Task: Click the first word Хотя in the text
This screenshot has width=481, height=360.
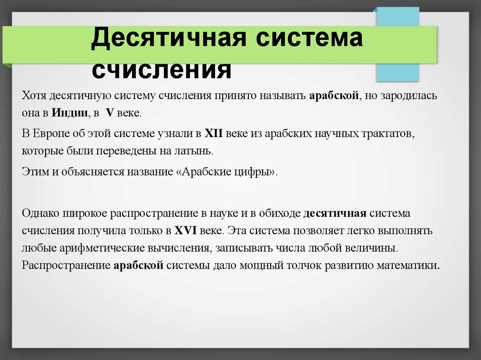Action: click(x=32, y=96)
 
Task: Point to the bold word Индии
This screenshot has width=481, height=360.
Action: click(x=70, y=113)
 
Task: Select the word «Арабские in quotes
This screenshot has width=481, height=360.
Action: click(x=201, y=171)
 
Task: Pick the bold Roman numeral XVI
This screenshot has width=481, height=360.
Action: click(x=186, y=230)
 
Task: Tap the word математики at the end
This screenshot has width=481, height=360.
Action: click(x=414, y=265)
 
